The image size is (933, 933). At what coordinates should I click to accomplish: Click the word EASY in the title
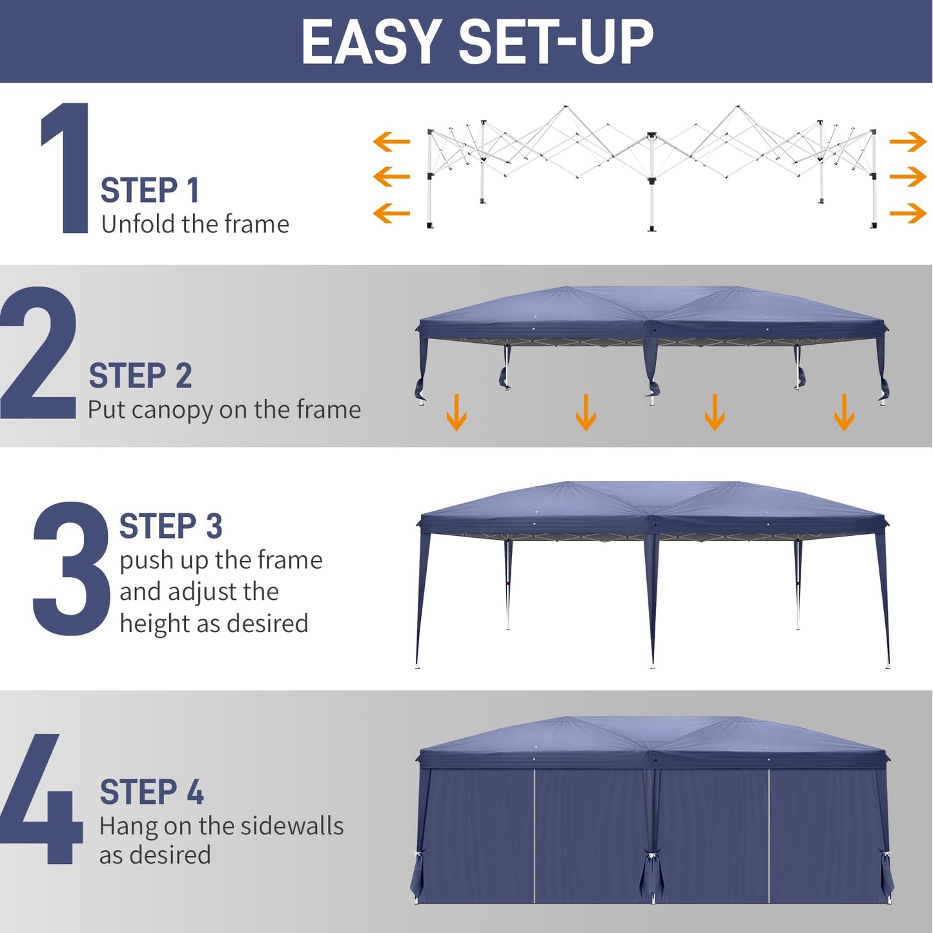pyautogui.click(x=371, y=42)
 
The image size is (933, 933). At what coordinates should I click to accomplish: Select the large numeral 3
pyautogui.click(x=71, y=568)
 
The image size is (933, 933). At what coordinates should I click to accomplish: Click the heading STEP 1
pyautogui.click(x=150, y=190)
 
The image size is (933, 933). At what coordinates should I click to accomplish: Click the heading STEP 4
pyautogui.click(x=152, y=792)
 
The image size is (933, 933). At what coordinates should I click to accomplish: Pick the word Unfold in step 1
pyautogui.click(x=138, y=224)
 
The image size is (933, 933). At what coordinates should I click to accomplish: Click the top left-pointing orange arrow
pyautogui.click(x=391, y=141)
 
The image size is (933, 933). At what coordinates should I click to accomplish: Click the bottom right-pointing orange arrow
pyautogui.click(x=908, y=213)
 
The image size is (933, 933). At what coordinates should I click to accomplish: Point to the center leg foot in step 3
pyautogui.click(x=653, y=664)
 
